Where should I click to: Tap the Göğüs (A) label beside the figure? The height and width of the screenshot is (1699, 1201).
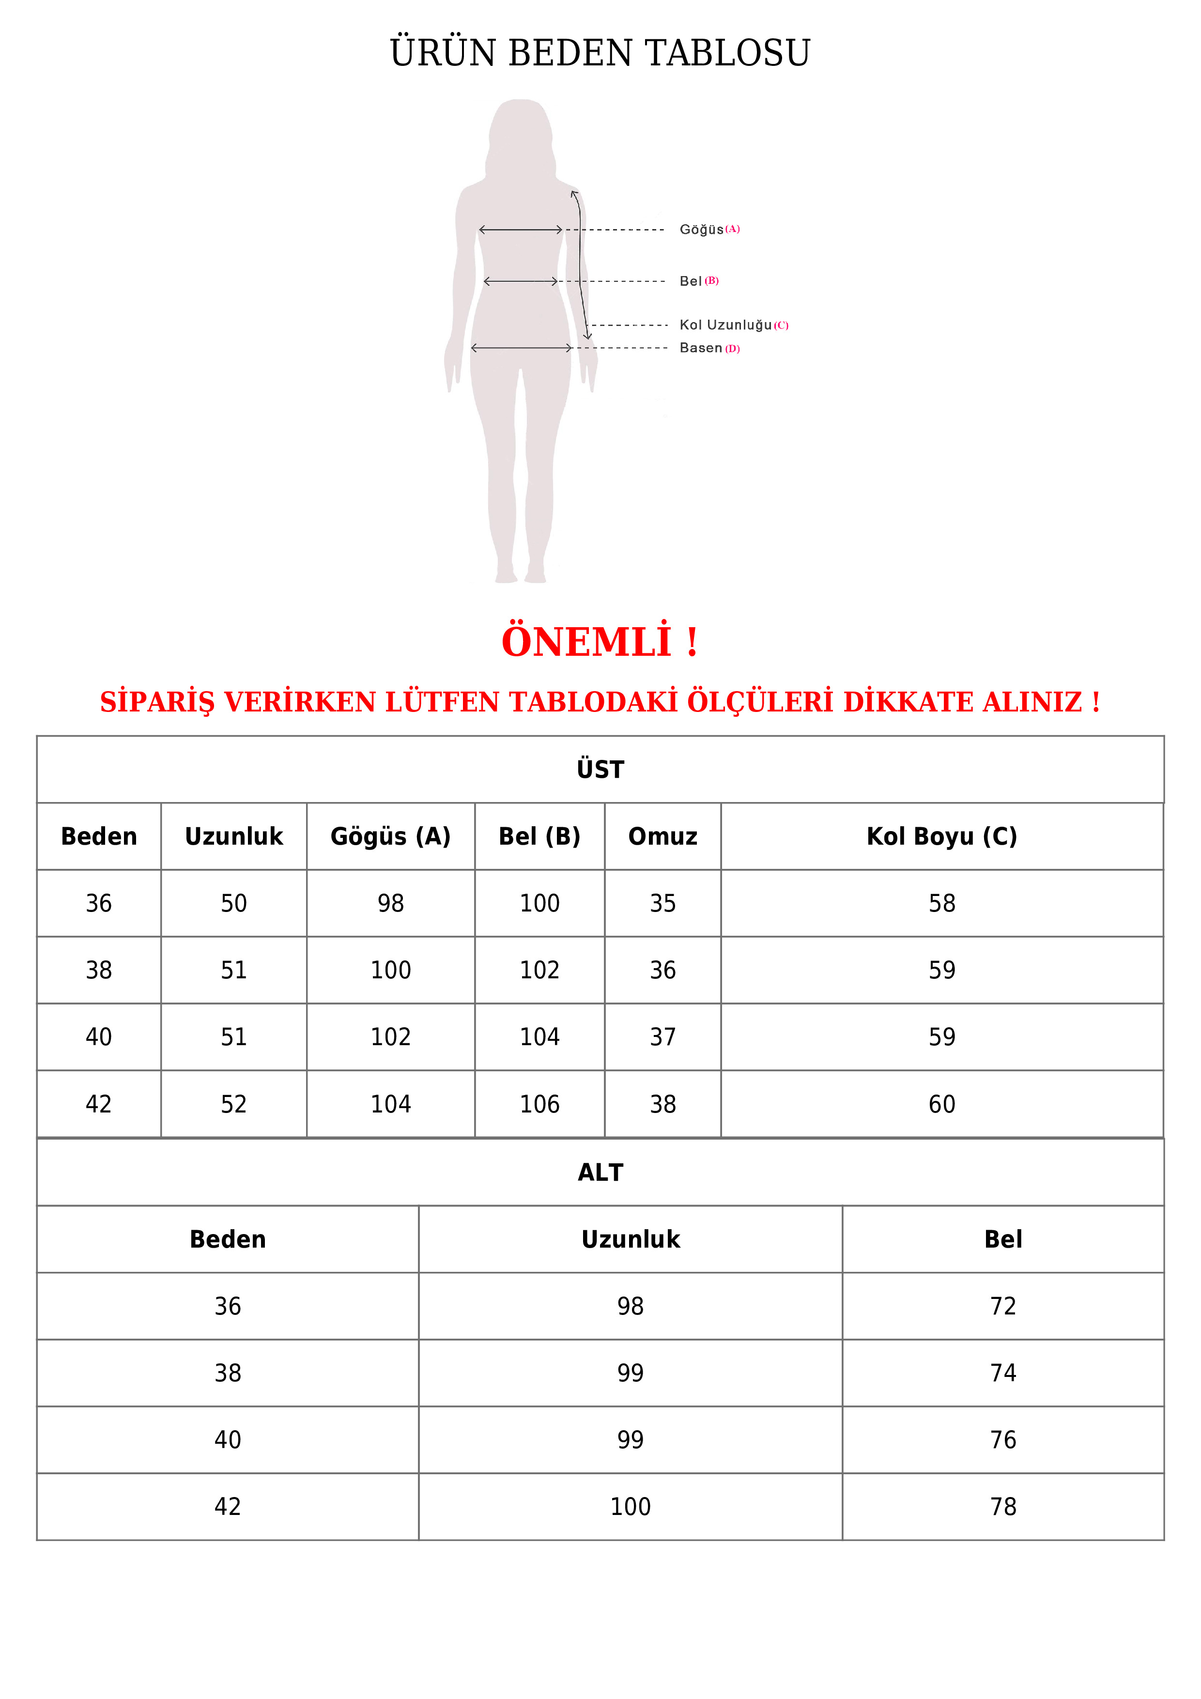(709, 230)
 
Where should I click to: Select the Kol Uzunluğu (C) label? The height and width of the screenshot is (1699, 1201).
(733, 325)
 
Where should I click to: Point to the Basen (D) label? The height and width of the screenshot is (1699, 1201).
(709, 348)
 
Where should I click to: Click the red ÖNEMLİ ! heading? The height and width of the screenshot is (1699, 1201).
(600, 642)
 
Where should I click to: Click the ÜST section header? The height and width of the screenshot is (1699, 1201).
(600, 770)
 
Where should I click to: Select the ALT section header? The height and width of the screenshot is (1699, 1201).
(600, 1172)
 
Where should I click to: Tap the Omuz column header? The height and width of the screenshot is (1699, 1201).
(662, 836)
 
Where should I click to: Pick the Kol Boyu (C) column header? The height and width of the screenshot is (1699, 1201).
(941, 836)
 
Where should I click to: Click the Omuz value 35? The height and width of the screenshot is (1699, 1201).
(662, 904)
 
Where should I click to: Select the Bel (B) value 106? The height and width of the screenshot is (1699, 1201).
(539, 1104)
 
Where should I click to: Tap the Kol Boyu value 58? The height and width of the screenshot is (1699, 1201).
(941, 904)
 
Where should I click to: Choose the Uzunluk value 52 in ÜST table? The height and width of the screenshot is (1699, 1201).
(234, 1104)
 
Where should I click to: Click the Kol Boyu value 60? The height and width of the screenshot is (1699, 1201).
(941, 1104)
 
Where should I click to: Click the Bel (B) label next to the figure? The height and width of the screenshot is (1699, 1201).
(698, 281)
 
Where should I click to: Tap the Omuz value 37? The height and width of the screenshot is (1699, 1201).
(662, 1037)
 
